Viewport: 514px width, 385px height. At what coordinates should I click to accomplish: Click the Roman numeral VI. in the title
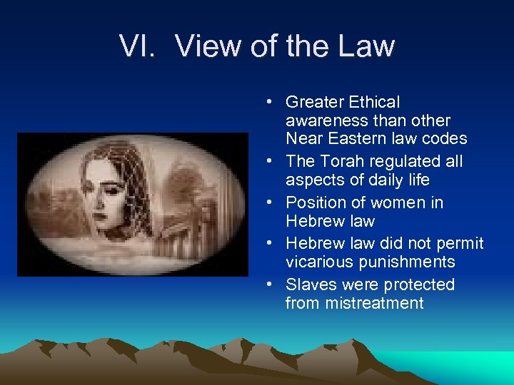(139, 46)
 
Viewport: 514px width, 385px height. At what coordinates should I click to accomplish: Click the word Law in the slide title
(362, 46)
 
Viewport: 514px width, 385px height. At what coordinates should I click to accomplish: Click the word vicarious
(318, 262)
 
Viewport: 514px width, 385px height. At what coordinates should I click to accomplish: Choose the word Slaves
(311, 284)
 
